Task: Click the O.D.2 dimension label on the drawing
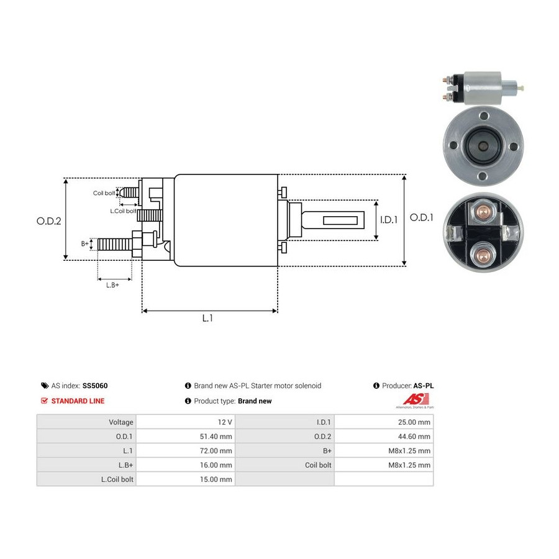[49, 221]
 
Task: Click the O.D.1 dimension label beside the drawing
[421, 217]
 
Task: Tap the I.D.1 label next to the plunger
[389, 220]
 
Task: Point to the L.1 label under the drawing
[207, 318]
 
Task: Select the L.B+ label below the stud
[112, 285]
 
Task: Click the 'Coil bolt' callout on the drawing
[104, 193]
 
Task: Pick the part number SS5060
[95, 386]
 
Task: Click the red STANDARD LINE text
[78, 401]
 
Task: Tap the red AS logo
[416, 399]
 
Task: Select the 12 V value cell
[225, 422]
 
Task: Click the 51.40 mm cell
[216, 437]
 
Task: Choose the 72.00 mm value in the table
[216, 451]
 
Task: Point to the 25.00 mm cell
[414, 422]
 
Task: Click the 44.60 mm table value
[414, 437]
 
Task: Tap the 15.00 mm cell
[216, 479]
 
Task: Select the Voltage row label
[121, 422]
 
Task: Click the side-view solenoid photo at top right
[483, 88]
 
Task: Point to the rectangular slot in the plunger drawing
[340, 220]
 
